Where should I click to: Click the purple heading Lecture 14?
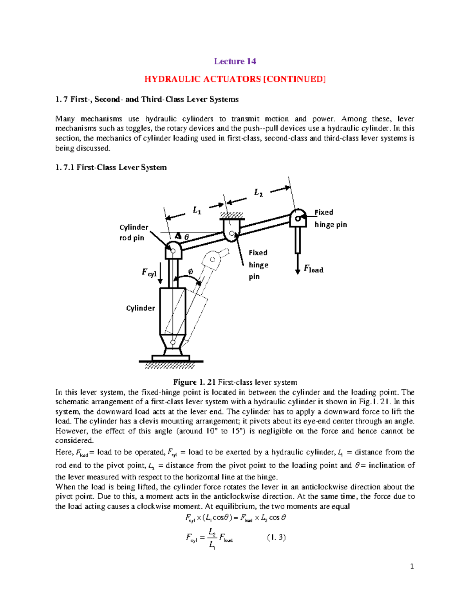pos(235,61)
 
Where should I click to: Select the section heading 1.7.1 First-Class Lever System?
pos(111,167)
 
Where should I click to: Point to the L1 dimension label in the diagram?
pos(197,211)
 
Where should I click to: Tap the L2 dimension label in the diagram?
pos(258,193)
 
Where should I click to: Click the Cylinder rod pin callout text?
pos(133,233)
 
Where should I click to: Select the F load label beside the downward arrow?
pos(314,269)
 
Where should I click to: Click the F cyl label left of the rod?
pos(149,273)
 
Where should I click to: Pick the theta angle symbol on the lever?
pos(186,237)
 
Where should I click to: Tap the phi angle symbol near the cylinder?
pos(190,271)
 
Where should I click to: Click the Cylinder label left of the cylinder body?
pos(140,308)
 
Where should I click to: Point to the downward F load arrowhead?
pos(298,271)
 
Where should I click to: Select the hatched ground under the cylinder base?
pos(170,366)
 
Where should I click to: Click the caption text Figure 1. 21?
pos(195,382)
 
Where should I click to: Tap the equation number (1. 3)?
pos(276,537)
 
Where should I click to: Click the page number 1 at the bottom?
pos(412,566)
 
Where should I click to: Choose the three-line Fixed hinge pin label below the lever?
pos(258,265)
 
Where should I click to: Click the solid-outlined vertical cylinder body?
pos(172,311)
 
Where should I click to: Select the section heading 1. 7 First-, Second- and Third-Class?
pos(147,99)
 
